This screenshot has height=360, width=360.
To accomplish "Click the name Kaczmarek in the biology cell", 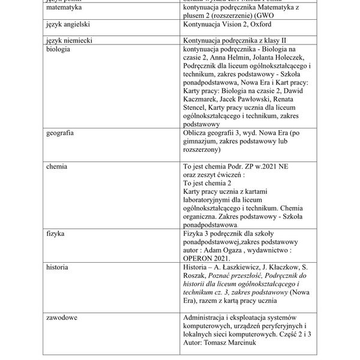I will pyautogui.click(x=202, y=99).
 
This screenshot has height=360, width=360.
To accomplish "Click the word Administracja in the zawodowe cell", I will pyautogui.click(x=207, y=316).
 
